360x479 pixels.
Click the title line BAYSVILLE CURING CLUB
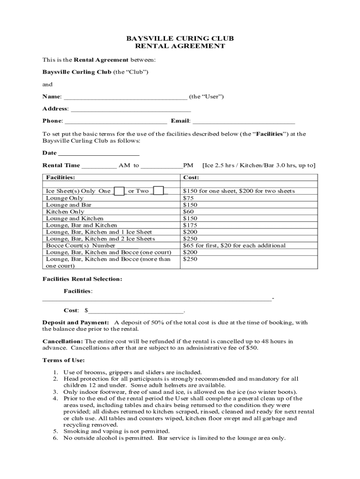[x=180, y=38]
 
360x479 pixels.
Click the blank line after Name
[x=125, y=97]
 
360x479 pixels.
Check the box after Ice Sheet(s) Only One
[x=119, y=191]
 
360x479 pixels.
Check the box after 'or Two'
[x=158, y=191]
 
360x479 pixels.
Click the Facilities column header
[x=60, y=178]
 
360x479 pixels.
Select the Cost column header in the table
[x=191, y=178]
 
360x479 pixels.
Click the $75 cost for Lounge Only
[x=188, y=198]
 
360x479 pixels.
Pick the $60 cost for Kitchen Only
[x=188, y=211]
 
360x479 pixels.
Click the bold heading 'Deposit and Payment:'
[x=76, y=323]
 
